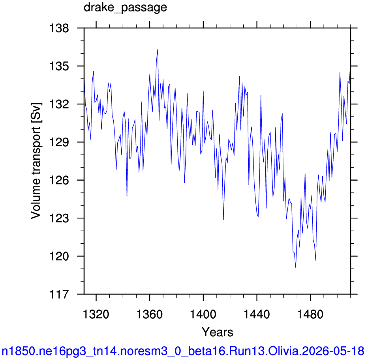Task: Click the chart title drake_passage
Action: coord(125,8)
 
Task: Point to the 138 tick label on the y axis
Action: coord(59,28)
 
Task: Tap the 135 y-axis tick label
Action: coord(59,66)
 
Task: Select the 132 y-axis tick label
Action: coord(59,104)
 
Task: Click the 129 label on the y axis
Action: coord(59,142)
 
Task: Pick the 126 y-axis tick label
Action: coord(59,180)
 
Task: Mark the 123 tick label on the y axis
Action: coord(59,218)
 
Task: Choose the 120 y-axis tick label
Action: coord(59,256)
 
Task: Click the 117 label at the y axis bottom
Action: coord(59,294)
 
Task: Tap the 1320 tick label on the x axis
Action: coord(96,314)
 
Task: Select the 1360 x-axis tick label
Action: coord(149,314)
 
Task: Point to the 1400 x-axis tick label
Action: coord(203,314)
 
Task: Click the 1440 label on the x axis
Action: coord(257,314)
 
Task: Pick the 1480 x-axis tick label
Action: coord(310,314)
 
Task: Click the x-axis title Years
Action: coord(217,332)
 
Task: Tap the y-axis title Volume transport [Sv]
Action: coord(36,161)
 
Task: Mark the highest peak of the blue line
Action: coord(158,49)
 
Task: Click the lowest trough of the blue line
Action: coord(296,267)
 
